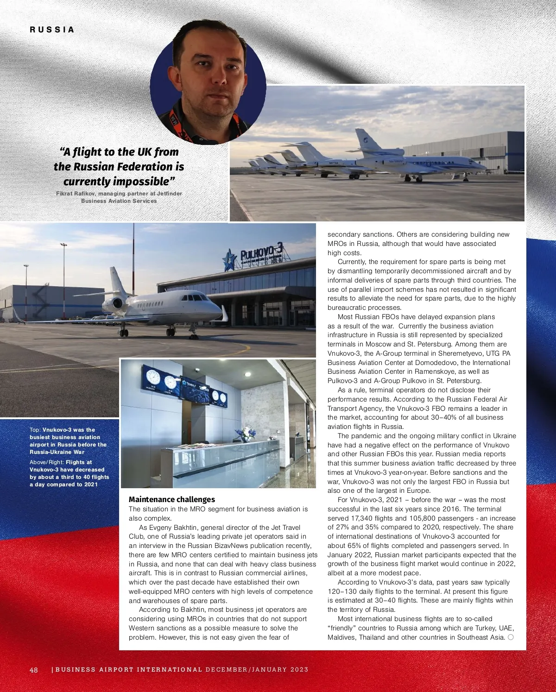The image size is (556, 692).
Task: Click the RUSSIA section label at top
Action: coord(52,30)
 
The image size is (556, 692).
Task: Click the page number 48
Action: coord(34,670)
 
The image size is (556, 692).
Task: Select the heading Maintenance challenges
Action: coord(172,499)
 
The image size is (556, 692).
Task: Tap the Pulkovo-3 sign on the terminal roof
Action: coord(261,253)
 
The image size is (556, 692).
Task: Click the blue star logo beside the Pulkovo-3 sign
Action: coord(229,259)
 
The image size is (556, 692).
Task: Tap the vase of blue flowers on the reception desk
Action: coord(245,434)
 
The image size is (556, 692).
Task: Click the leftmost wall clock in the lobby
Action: coord(152,377)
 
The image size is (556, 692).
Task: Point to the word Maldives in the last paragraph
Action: coord(342,637)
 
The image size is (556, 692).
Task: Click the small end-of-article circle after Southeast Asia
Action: coord(511,637)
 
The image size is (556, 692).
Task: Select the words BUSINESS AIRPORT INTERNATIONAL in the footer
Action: coord(129,670)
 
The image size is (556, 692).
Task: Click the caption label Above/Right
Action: coord(46,462)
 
